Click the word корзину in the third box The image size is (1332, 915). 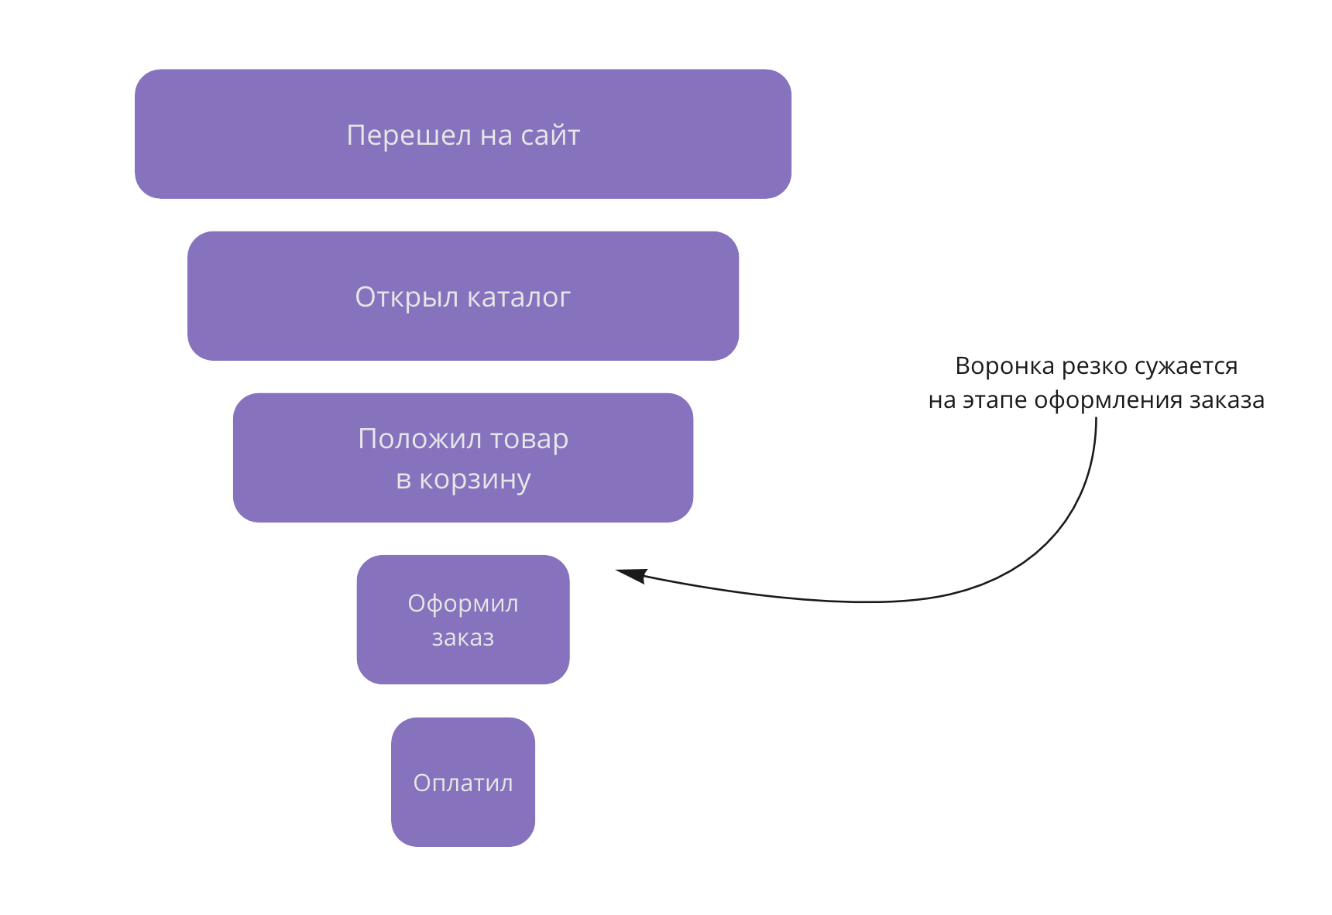[475, 479]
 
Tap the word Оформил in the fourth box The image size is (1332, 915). [463, 604]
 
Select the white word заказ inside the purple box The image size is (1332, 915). [463, 638]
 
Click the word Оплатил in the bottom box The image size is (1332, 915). [463, 783]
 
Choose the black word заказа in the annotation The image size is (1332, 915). [1227, 400]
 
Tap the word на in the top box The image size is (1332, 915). [496, 135]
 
